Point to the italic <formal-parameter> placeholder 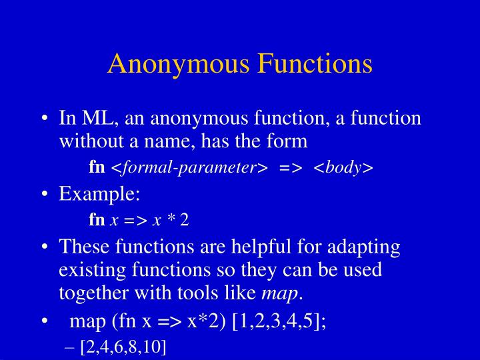[x=184, y=167]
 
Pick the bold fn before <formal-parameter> [x=97, y=167]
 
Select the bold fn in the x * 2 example [x=97, y=220]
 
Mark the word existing [x=88, y=271]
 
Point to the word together [x=91, y=293]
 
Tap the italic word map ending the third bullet [x=279, y=293]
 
